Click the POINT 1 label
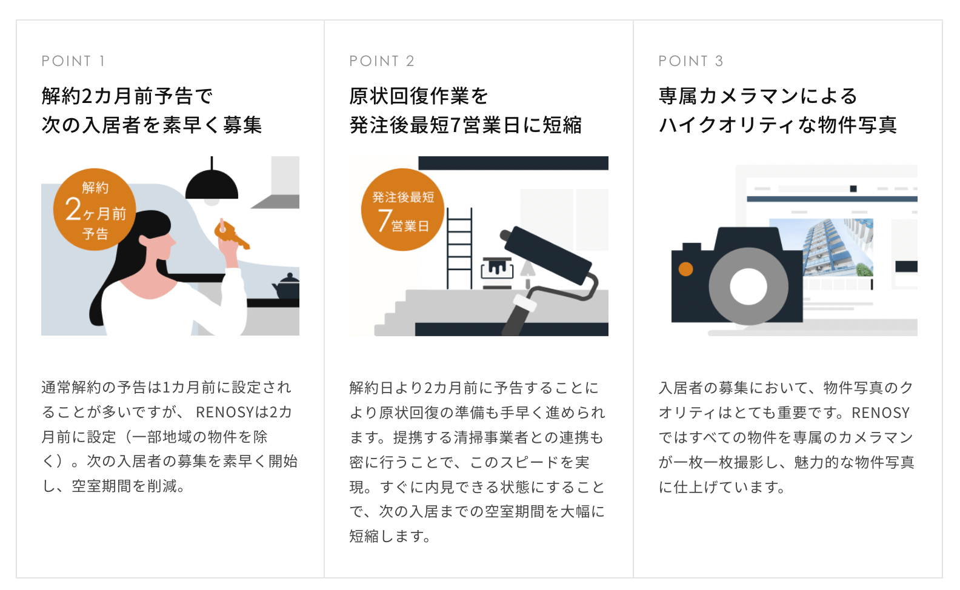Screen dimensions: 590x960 pos(73,61)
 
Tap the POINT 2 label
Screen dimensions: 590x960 pos(382,61)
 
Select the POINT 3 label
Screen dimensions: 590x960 pos(691,61)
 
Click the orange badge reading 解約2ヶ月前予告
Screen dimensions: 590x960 pos(95,210)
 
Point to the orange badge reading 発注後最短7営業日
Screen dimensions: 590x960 pos(402,210)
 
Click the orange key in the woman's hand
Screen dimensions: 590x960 pos(230,235)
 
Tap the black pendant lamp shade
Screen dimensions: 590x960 pos(212,185)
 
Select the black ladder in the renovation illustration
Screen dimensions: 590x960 pos(459,248)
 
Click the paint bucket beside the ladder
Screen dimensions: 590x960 pos(497,268)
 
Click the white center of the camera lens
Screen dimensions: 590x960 pos(748,287)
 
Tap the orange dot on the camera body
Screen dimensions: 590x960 pos(685,269)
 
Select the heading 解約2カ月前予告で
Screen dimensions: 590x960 pos(127,96)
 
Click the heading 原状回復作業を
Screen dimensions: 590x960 pos(418,96)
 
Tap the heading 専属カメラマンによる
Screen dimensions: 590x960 pos(758,96)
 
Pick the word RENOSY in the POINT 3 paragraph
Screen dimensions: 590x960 pos(880,413)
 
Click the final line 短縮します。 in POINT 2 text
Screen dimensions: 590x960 pos(390,536)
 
